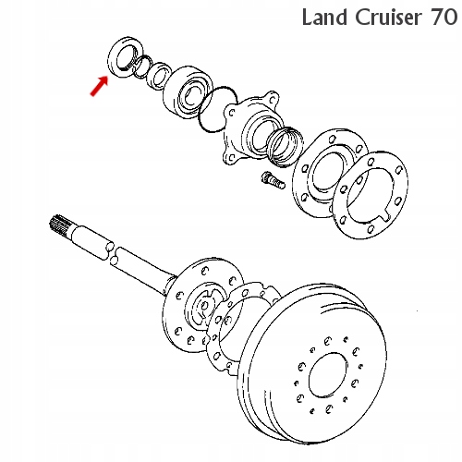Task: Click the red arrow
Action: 99,86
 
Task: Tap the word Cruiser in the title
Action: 387,18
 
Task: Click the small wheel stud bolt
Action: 273,181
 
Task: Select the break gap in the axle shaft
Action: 113,253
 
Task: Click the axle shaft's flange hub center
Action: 203,307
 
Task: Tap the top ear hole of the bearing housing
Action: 273,99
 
